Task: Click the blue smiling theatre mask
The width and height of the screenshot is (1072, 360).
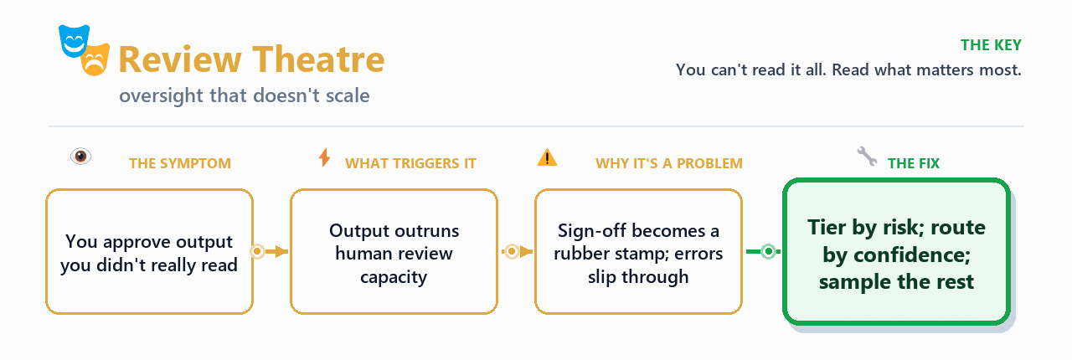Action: pyautogui.click(x=74, y=41)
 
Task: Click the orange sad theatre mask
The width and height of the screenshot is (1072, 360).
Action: pyautogui.click(x=95, y=59)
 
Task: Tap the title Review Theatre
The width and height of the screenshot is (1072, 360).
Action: pyautogui.click(x=251, y=59)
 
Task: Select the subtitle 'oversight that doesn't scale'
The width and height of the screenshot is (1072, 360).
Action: pyautogui.click(x=245, y=95)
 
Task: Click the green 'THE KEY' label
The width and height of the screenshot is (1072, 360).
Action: pyautogui.click(x=991, y=45)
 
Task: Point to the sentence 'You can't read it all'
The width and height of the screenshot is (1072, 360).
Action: pyautogui.click(x=750, y=69)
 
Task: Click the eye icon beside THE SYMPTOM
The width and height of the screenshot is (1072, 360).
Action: pyautogui.click(x=81, y=156)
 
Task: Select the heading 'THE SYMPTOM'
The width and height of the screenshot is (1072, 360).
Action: pyautogui.click(x=180, y=163)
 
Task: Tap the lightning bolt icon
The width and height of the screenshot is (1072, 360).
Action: pyautogui.click(x=324, y=157)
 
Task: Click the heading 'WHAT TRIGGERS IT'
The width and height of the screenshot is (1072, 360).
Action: pyautogui.click(x=410, y=163)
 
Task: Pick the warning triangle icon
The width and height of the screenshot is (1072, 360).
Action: pyautogui.click(x=547, y=157)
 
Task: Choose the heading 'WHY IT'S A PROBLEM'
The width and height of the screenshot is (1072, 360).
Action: pyautogui.click(x=669, y=163)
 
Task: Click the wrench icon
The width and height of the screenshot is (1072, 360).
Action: pyautogui.click(x=867, y=156)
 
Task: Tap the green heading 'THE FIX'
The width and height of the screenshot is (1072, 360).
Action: pyautogui.click(x=914, y=163)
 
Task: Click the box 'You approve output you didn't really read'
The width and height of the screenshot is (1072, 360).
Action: pyautogui.click(x=149, y=252)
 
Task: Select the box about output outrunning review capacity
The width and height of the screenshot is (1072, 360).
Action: pyautogui.click(x=394, y=252)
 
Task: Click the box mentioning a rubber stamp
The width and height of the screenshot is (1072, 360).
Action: pyautogui.click(x=638, y=252)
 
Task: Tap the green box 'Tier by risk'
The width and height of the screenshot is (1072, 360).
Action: pyautogui.click(x=896, y=252)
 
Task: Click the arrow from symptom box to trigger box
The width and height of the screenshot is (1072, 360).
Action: pyautogui.click(x=270, y=251)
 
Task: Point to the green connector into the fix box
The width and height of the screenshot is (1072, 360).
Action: pyautogui.click(x=763, y=251)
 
